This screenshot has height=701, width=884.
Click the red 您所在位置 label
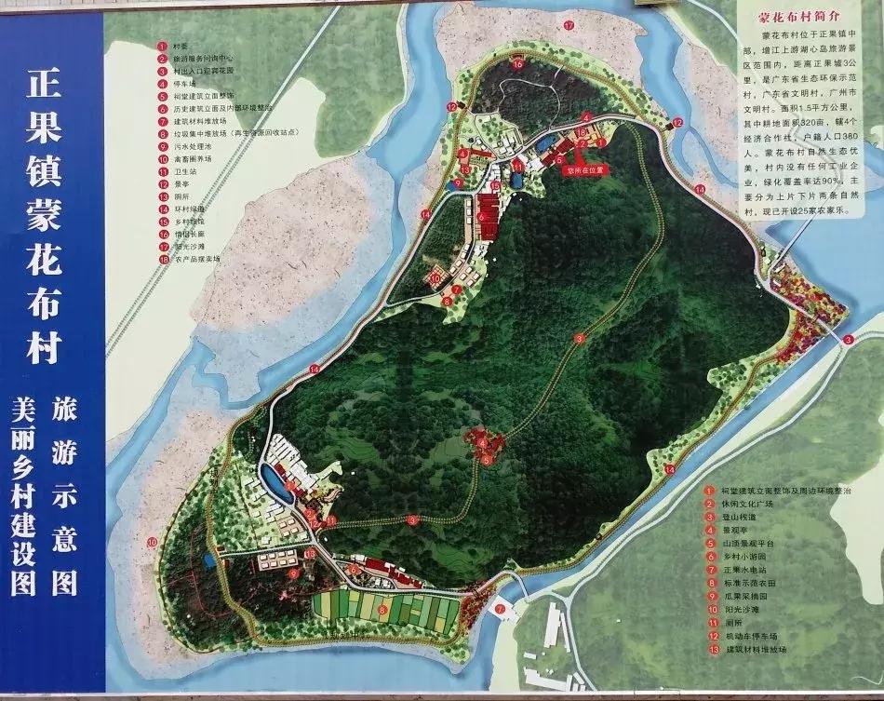point(585,170)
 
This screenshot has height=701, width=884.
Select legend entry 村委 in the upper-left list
point(178,46)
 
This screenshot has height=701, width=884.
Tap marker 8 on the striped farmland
point(382,609)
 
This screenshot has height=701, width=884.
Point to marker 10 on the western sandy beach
point(152,542)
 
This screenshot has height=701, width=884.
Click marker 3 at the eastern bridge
point(849,341)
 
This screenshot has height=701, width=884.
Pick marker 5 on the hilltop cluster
point(487,458)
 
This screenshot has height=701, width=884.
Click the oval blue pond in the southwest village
point(273,480)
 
